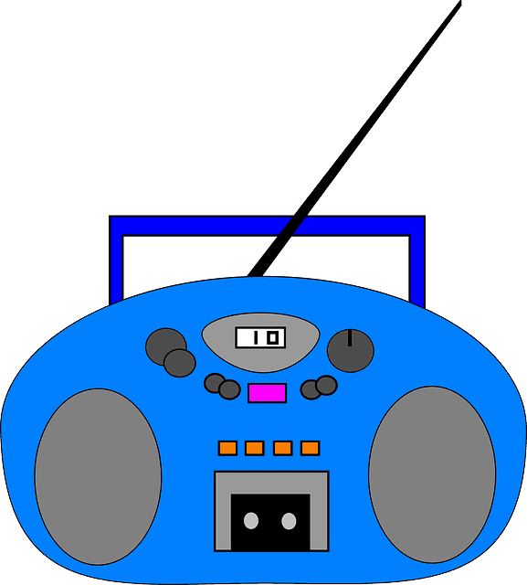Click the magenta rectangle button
[x=268, y=393]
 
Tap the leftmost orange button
[x=227, y=448]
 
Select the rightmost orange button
[x=311, y=448]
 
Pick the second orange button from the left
[x=255, y=448]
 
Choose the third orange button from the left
[x=282, y=448]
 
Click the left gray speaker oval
[x=98, y=477]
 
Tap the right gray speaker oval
[x=432, y=474]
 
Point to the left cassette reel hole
[x=251, y=521]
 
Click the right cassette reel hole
[x=289, y=521]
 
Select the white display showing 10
[x=260, y=337]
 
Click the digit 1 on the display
[x=256, y=338]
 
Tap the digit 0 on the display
[x=273, y=338]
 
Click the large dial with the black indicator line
[x=351, y=351]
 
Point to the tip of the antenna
[x=461, y=2]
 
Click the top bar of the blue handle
[x=268, y=226]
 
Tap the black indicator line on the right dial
[x=350, y=338]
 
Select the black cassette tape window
[x=270, y=522]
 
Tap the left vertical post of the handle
[x=116, y=261]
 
